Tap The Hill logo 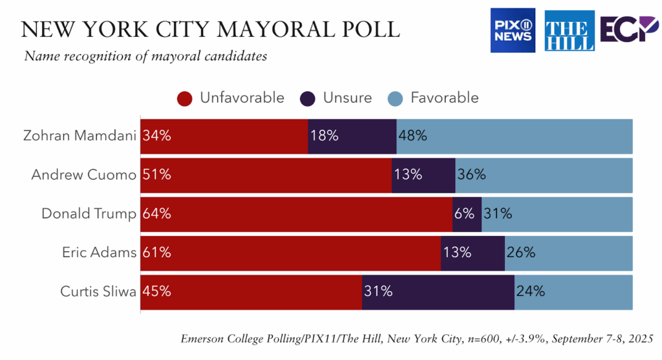[570, 30]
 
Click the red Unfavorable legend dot [186, 98]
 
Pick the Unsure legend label [347, 98]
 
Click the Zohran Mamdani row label [80, 136]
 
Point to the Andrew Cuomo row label [83, 175]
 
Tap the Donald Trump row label [89, 214]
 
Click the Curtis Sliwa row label [98, 291]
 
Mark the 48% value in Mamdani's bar [413, 136]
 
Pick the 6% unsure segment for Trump [467, 214]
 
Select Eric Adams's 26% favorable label [521, 253]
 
